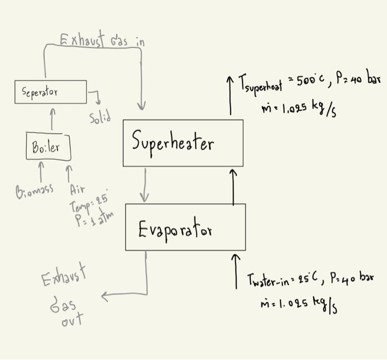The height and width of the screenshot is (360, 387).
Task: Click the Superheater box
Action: (x=182, y=142)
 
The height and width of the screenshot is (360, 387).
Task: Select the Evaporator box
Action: (x=185, y=227)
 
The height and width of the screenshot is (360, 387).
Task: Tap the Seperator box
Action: (x=50, y=92)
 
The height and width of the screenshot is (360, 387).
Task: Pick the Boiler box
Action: (x=49, y=146)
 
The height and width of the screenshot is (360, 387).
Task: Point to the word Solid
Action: (x=100, y=118)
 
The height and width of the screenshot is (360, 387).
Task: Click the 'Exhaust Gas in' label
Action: (x=102, y=40)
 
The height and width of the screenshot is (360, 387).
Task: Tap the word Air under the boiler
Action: (x=77, y=189)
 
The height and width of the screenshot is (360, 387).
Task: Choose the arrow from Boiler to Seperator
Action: (x=53, y=119)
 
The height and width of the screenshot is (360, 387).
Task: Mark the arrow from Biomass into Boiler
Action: (x=40, y=171)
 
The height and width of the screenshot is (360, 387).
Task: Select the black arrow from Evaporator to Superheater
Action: (x=233, y=187)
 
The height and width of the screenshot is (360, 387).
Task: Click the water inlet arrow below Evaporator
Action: (x=236, y=271)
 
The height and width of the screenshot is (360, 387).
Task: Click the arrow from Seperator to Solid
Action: (x=96, y=97)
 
